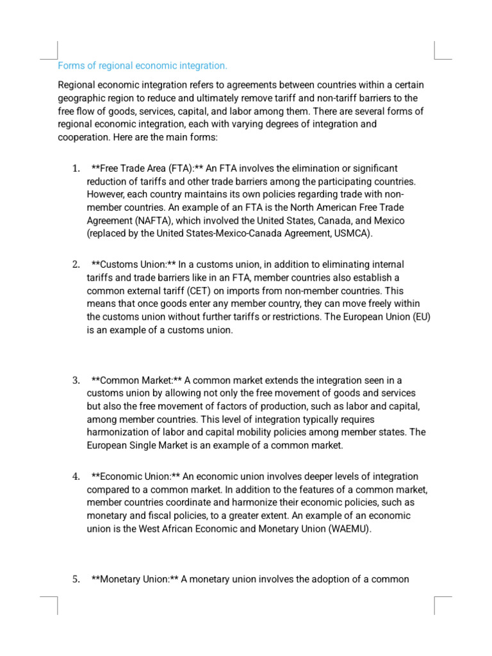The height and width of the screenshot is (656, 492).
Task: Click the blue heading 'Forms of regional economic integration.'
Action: tap(142, 66)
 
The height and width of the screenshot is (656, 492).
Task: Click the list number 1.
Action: tap(76, 168)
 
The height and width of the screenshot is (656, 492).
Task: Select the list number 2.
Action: tap(76, 265)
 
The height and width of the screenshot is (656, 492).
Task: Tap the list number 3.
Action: tap(76, 381)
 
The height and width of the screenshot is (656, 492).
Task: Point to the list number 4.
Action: tap(76, 477)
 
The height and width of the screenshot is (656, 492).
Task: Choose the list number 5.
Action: tap(76, 580)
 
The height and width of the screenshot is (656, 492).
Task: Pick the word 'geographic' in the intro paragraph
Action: tap(81, 98)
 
